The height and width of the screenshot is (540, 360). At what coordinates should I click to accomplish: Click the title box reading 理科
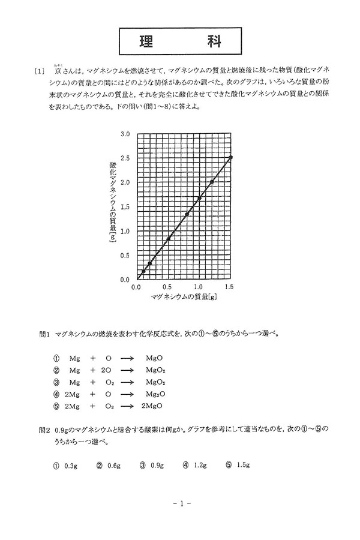tap(179, 41)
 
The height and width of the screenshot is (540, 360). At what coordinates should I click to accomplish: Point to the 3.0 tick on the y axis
tap(125, 133)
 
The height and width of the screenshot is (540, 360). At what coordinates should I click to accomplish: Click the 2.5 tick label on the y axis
tap(125, 157)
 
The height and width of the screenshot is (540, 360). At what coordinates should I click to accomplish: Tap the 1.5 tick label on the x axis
tap(231, 287)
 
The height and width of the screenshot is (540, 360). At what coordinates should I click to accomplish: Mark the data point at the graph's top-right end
tap(231, 157)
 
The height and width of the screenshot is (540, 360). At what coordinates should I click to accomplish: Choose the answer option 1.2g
tap(199, 465)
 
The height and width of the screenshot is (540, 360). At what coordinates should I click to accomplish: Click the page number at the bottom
tap(179, 503)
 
